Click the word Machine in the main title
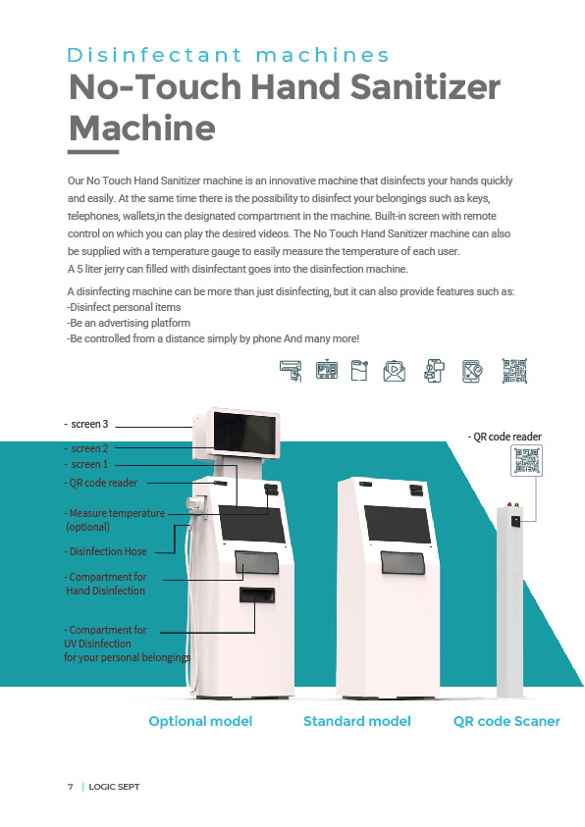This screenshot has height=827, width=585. tap(142, 129)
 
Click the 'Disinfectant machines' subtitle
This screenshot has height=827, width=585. tap(228, 55)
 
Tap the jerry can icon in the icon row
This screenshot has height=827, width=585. tap(359, 370)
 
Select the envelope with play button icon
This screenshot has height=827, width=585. tap(394, 370)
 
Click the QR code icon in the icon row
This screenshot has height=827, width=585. tap(514, 371)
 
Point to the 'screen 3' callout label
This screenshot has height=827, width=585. tap(86, 424)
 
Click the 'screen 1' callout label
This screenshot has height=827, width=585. tap(86, 464)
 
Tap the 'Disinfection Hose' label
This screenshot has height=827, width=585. tap(105, 551)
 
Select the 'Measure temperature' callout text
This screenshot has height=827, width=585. tap(115, 513)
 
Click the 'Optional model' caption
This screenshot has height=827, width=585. tap(200, 721)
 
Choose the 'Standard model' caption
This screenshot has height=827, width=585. tap(357, 721)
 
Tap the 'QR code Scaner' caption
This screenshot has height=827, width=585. tap(506, 721)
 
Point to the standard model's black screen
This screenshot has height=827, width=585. tap(398, 524)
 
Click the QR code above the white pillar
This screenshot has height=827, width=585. tap(526, 460)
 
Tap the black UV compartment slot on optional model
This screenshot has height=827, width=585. tap(257, 594)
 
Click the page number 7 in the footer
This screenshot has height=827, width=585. tap(70, 787)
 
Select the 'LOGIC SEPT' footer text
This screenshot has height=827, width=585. tap(114, 787)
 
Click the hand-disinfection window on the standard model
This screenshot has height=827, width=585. tap(402, 563)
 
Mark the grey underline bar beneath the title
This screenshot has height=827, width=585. tap(93, 152)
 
